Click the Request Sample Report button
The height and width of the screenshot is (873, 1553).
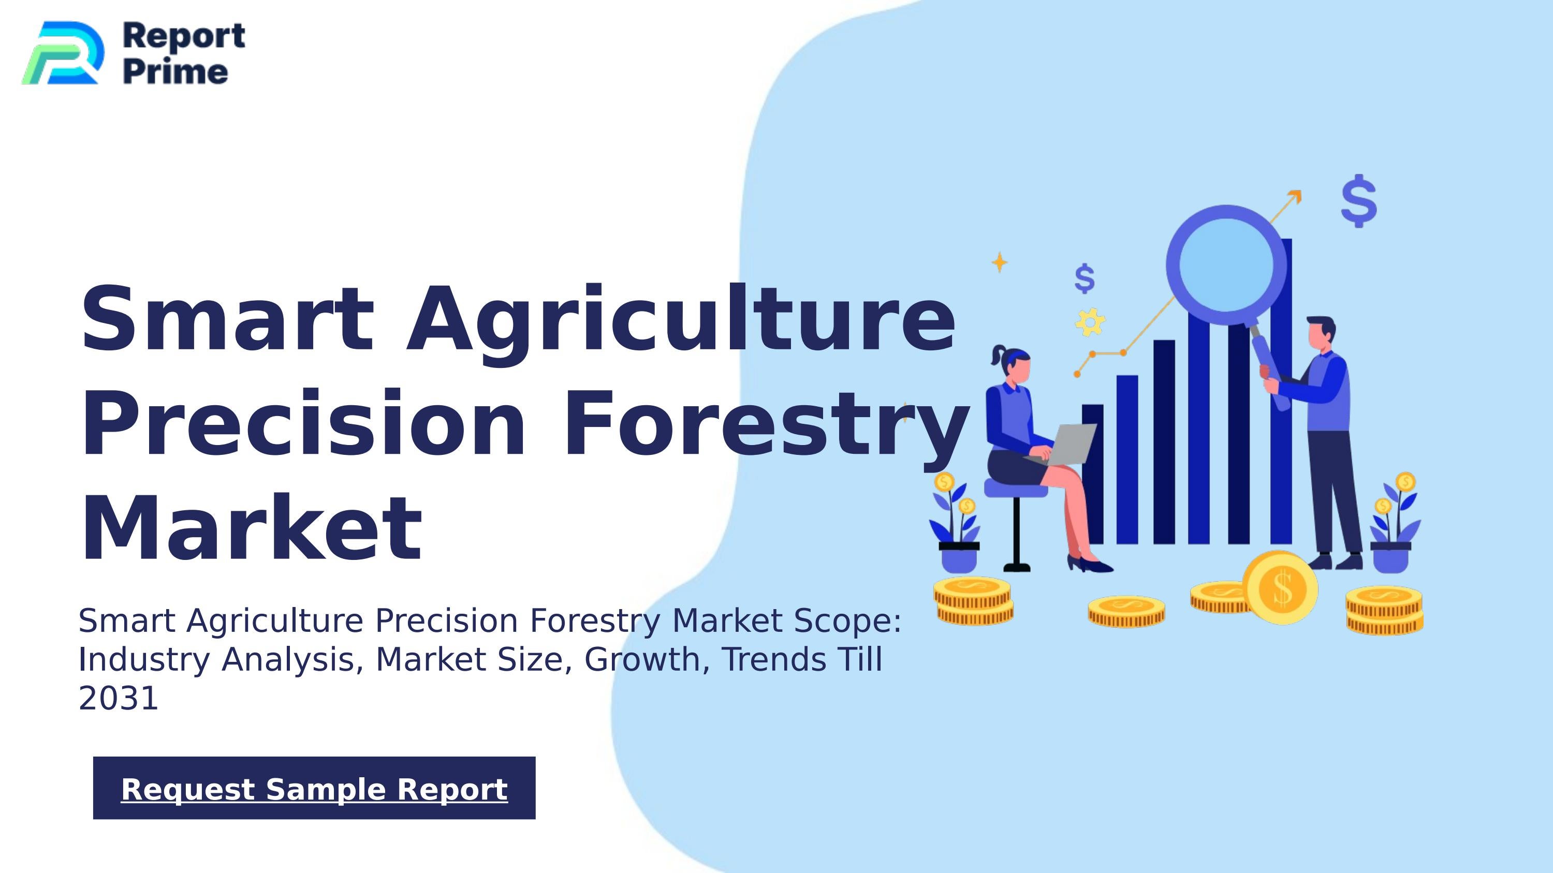pyautogui.click(x=314, y=788)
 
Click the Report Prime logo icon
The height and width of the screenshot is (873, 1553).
pyautogui.click(x=63, y=53)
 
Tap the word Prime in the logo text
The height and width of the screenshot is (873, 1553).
pyautogui.click(x=175, y=72)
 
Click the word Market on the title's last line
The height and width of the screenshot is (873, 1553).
pyautogui.click(x=251, y=528)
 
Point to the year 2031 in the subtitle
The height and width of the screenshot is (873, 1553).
pyautogui.click(x=118, y=698)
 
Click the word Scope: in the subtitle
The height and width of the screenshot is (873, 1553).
pyautogui.click(x=847, y=620)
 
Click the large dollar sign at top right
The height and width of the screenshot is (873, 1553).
pyautogui.click(x=1358, y=201)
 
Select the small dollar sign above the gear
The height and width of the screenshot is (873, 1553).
pyautogui.click(x=1084, y=278)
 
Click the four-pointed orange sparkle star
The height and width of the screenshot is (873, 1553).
pyautogui.click(x=999, y=262)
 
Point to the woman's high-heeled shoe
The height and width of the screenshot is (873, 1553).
pyautogui.click(x=1090, y=565)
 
